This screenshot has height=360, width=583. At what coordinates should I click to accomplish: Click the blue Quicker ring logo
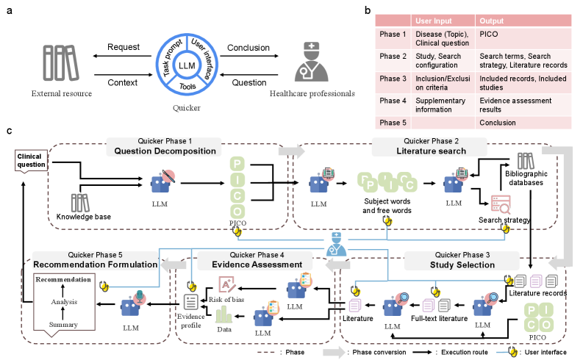click(x=186, y=66)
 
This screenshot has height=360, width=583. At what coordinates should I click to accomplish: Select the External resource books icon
click(x=60, y=62)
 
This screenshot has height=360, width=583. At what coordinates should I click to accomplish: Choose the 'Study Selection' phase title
click(x=462, y=264)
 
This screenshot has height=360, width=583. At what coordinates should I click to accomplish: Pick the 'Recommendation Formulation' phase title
click(x=95, y=264)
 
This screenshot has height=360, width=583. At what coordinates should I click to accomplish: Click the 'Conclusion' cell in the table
click(x=498, y=123)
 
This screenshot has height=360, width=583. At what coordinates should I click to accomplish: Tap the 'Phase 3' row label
click(x=393, y=79)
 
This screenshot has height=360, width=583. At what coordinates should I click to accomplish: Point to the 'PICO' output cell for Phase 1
click(x=489, y=35)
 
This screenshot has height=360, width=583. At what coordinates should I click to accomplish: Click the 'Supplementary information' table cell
click(x=440, y=105)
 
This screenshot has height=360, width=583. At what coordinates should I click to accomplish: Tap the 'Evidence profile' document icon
click(x=191, y=301)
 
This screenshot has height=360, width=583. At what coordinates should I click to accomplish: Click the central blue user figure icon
click(x=337, y=244)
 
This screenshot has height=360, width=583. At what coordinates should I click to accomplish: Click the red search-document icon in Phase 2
click(x=501, y=204)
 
